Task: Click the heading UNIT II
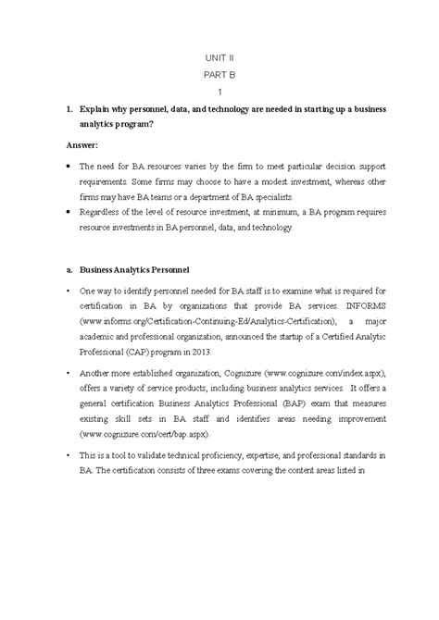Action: (x=219, y=57)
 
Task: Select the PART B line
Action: (x=219, y=74)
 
